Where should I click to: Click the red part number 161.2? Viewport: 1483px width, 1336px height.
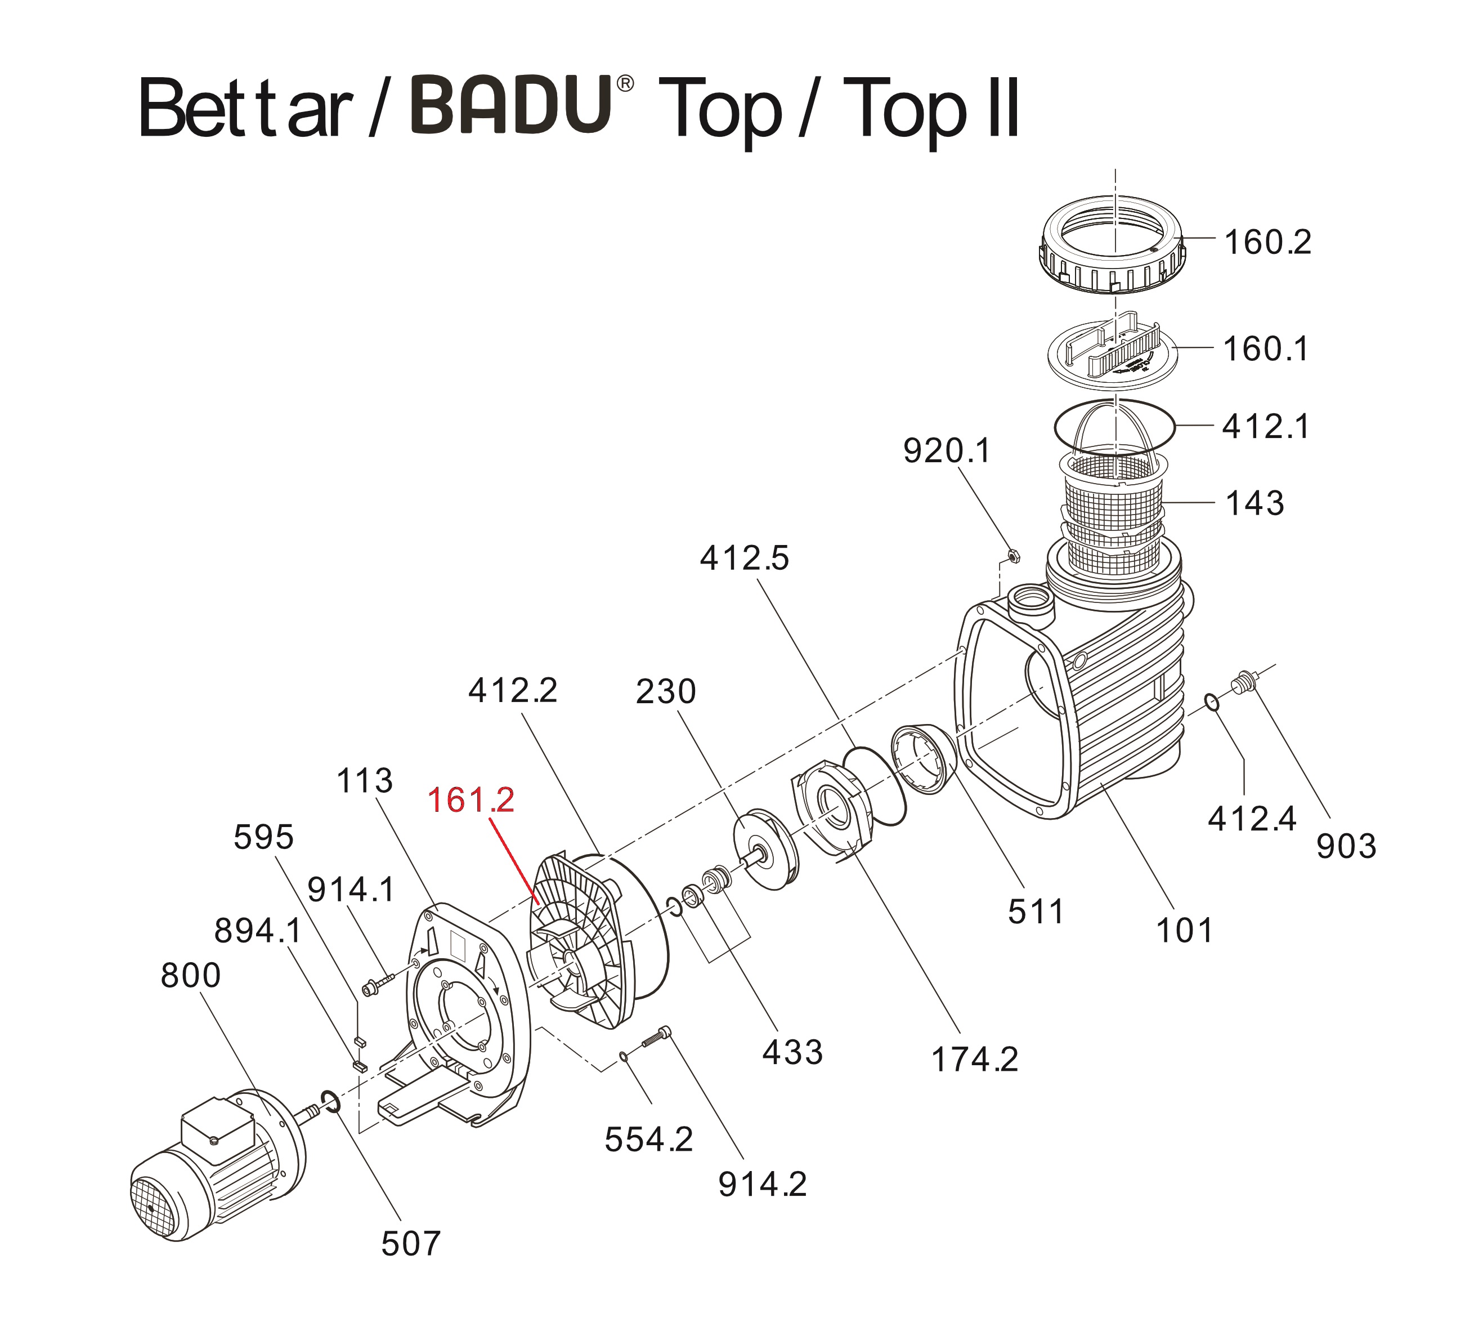click(x=471, y=800)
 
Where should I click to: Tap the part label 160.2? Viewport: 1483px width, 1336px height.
click(x=1267, y=242)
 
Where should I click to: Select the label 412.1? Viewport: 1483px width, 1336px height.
click(x=1265, y=427)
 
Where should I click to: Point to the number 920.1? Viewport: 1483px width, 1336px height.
click(x=946, y=451)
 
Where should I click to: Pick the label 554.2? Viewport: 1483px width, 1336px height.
click(x=648, y=1140)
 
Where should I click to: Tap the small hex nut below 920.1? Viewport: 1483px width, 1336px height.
click(x=1012, y=555)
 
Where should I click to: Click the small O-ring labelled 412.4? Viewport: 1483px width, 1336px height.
click(x=1212, y=701)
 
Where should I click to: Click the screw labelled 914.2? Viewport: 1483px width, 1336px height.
click(x=655, y=1037)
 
